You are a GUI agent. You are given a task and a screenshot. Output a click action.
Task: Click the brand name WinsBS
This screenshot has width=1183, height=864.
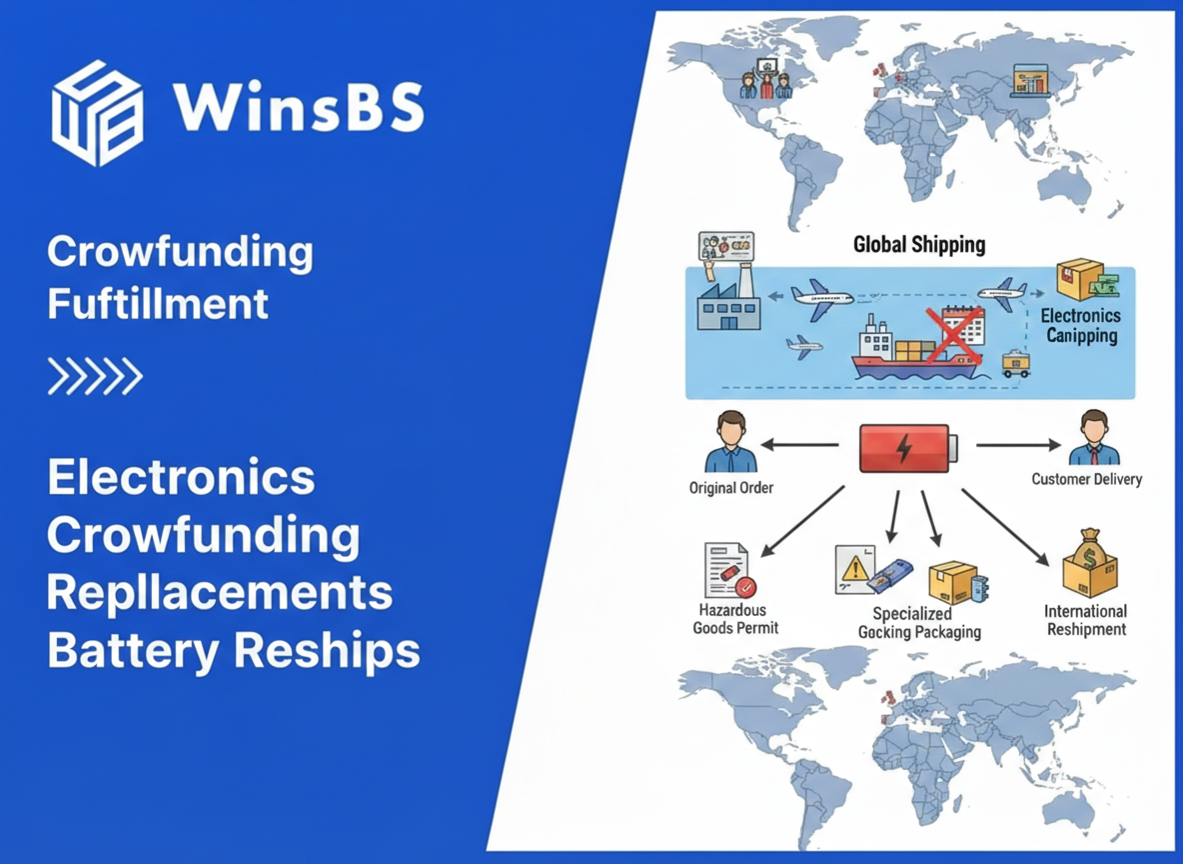298,107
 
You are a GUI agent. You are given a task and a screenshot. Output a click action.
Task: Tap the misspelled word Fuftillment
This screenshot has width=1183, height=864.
158,303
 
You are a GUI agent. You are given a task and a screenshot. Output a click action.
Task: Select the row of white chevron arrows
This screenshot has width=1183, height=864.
95,376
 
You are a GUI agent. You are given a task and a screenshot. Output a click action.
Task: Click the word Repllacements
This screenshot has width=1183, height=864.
220,593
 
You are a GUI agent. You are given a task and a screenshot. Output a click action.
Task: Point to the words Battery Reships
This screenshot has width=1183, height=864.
234,651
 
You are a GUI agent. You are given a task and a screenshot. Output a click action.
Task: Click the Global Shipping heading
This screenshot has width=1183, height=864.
919,245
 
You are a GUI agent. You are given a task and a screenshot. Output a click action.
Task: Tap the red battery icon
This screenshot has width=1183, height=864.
907,447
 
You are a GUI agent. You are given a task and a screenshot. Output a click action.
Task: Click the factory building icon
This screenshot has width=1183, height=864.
727,301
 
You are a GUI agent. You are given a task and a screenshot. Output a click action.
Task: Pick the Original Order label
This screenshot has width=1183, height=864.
731,488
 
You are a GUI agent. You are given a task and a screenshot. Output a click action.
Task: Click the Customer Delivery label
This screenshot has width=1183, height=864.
1086,479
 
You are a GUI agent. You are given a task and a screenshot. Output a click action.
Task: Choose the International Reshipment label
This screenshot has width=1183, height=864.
1085,620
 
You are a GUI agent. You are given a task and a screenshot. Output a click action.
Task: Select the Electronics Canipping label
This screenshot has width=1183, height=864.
1081,326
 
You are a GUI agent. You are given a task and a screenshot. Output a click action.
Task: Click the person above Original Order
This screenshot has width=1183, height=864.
731,441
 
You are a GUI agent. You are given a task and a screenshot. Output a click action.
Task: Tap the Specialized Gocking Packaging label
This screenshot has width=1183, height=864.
919,623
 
